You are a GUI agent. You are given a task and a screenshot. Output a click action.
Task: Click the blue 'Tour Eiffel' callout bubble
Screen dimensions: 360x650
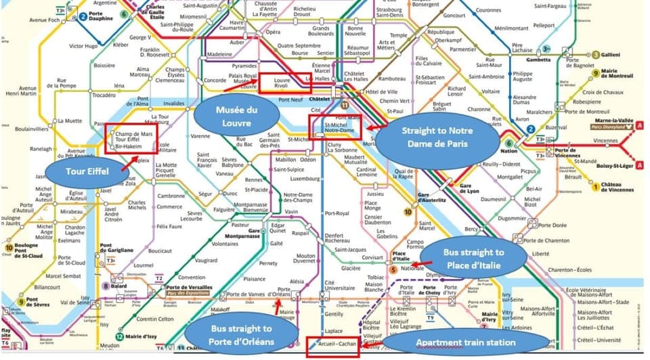click(x=84, y=170)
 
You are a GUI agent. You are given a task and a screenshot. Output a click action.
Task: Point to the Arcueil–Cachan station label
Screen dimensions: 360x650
click(x=331, y=345)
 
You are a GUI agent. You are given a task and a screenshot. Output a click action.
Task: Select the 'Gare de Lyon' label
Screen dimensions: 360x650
click(x=469, y=187)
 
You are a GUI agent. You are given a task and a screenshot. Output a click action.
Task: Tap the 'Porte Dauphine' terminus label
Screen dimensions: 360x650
click(x=102, y=20)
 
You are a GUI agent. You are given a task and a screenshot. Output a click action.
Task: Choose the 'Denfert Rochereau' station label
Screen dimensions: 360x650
click(x=337, y=237)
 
